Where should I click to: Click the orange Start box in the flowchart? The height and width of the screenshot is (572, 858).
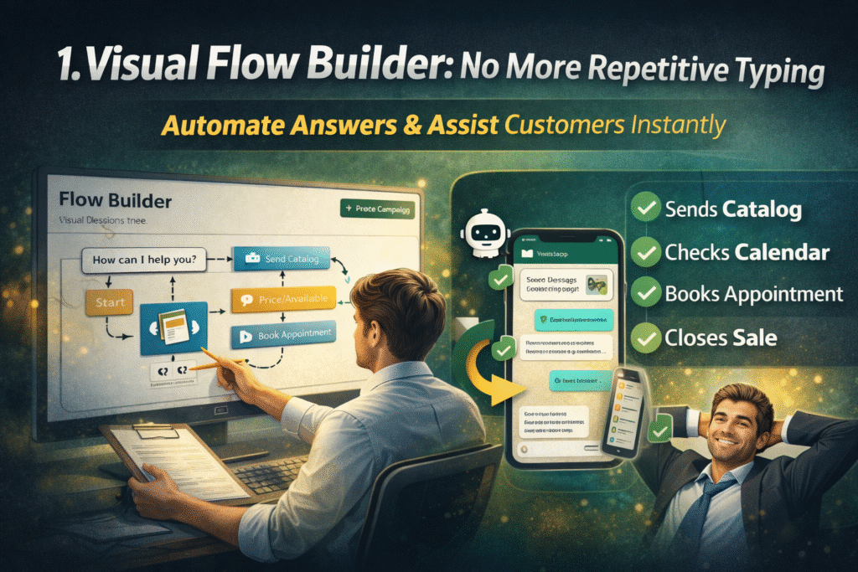pos(110,302)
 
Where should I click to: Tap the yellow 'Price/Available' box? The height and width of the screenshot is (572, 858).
pos(284,297)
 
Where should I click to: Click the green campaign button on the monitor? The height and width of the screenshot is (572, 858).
pos(377,209)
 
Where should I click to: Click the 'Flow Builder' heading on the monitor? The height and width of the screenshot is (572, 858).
pos(116,202)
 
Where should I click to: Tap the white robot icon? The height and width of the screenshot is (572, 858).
pos(486,233)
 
